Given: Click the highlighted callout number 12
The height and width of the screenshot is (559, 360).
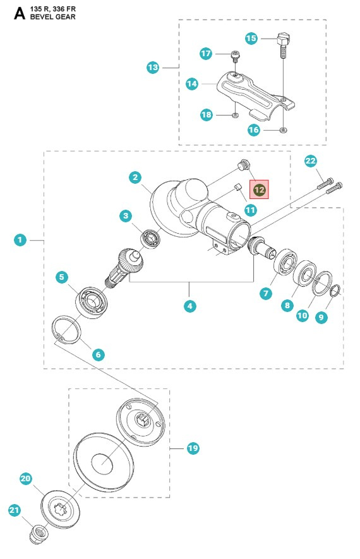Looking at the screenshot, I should coord(260,189).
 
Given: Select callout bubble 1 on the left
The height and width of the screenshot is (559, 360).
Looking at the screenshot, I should coord(21,240).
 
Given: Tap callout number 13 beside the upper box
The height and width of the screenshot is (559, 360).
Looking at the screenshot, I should coord(153,67).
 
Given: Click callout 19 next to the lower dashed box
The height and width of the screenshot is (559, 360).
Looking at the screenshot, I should coord(193,448).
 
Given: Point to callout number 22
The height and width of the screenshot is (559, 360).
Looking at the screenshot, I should coord(310,162).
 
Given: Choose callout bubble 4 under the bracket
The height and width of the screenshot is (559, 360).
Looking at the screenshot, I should coord(189,306).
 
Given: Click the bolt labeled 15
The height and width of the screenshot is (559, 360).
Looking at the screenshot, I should coord(282,47).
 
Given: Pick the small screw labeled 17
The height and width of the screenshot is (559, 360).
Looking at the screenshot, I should coord(235,56).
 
